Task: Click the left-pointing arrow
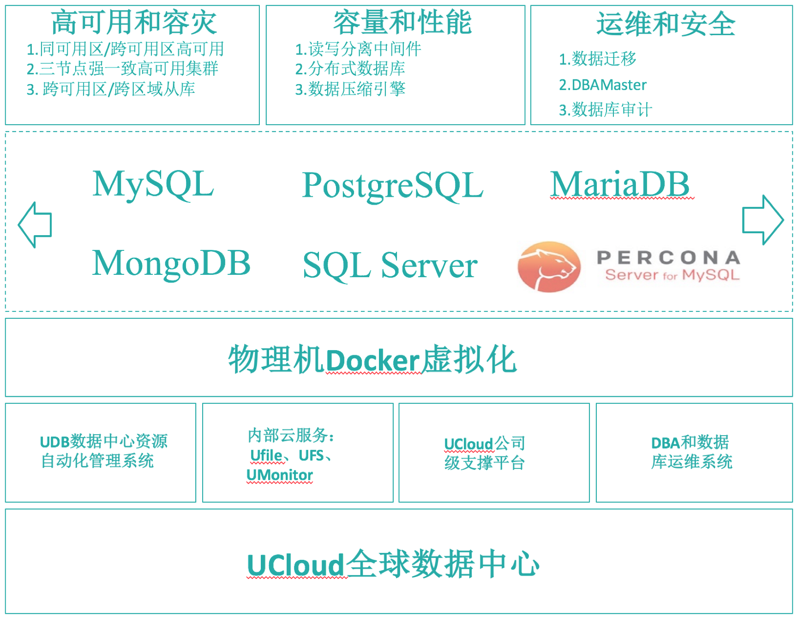(35, 225)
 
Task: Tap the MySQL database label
(153, 184)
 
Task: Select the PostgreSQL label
(392, 185)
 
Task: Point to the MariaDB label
(620, 184)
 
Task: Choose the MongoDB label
(171, 263)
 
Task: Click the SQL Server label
(390, 265)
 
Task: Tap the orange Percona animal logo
(549, 267)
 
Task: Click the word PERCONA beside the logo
(668, 257)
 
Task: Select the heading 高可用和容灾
(134, 23)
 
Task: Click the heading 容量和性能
(402, 23)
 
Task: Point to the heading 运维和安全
(666, 24)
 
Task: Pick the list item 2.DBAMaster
(602, 85)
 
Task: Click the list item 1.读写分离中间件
(358, 49)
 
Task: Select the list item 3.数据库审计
(605, 110)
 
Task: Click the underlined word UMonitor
(280, 475)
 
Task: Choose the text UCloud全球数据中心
(393, 564)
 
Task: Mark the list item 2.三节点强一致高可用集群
(122, 69)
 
